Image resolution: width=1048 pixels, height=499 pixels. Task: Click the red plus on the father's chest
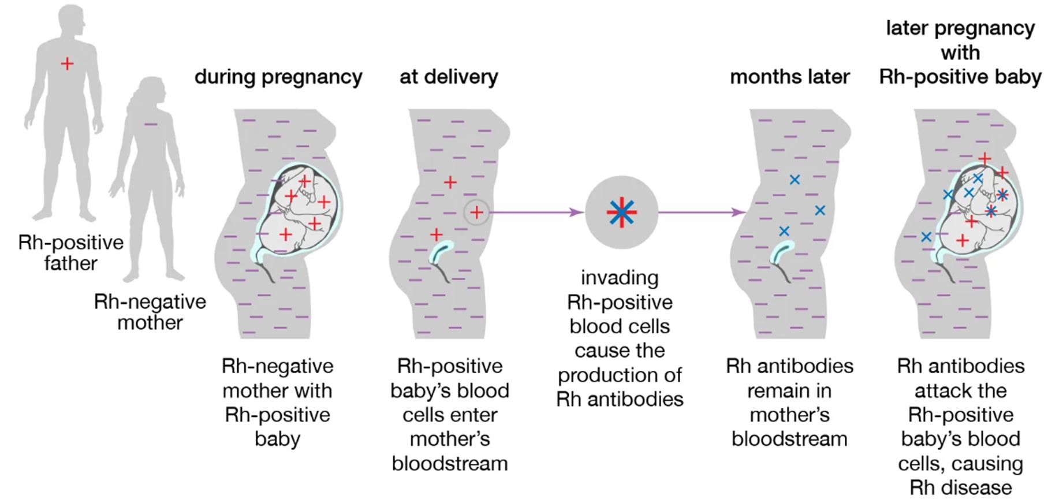(x=68, y=64)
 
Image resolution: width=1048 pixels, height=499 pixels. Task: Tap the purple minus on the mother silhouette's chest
(x=151, y=124)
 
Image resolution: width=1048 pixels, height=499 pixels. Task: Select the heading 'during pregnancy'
(x=278, y=77)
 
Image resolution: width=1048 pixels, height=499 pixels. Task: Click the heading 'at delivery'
(x=449, y=77)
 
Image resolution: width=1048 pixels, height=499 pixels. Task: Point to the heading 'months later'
(x=789, y=77)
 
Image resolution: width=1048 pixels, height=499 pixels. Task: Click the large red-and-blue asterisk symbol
(x=621, y=213)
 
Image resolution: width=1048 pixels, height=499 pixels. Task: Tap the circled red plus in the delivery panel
(x=476, y=213)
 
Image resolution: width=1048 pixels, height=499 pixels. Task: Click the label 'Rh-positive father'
(x=70, y=253)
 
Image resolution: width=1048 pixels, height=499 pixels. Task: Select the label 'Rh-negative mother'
(x=150, y=312)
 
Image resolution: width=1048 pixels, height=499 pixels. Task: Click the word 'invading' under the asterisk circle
(x=620, y=278)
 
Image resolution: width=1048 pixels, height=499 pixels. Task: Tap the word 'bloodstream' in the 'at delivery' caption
(x=450, y=463)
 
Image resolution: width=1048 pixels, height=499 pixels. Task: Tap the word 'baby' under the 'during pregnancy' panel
(x=277, y=439)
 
